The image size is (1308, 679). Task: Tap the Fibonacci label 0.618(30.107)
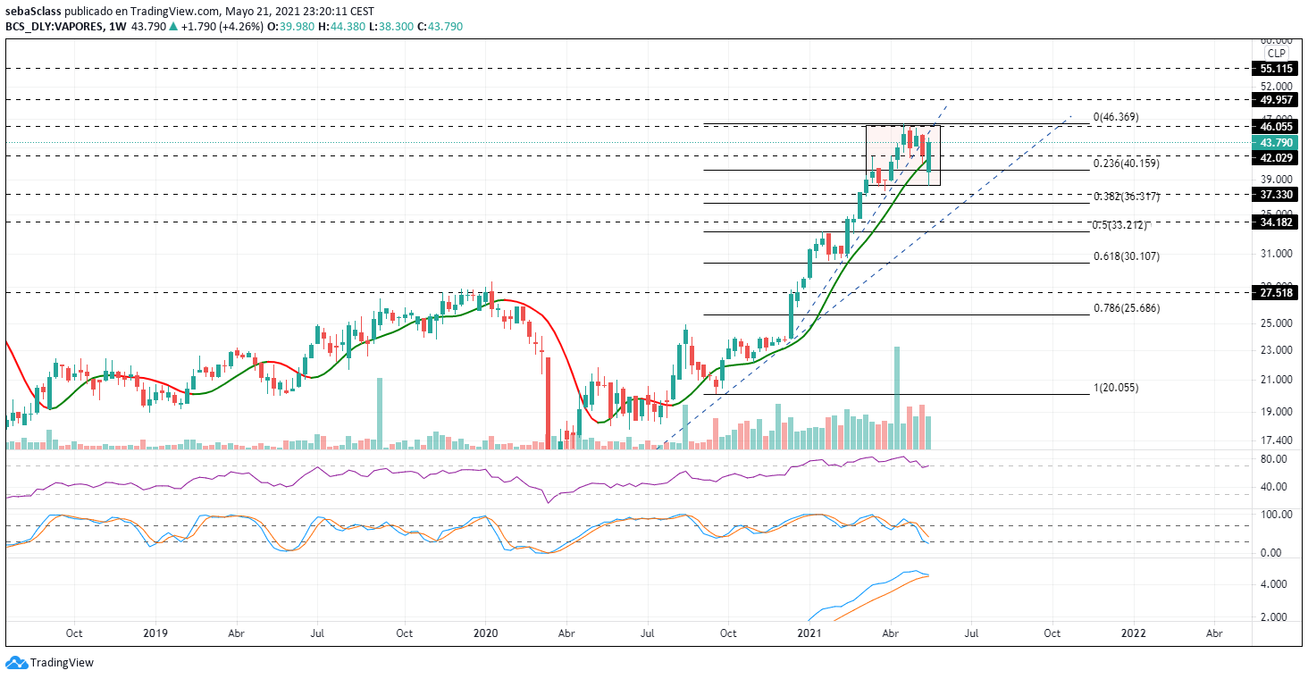pos(1127,256)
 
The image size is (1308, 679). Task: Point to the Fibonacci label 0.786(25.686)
pos(1127,308)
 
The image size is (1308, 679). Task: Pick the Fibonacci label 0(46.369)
pos(1116,117)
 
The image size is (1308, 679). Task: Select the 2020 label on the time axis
pos(486,633)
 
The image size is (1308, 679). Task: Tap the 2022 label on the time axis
pos(1134,633)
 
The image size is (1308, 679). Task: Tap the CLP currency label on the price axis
pos(1275,54)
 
